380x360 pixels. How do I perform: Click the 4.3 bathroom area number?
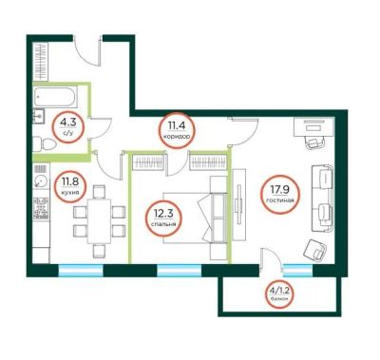pyautogui.click(x=68, y=122)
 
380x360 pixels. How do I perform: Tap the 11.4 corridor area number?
pyautogui.click(x=177, y=125)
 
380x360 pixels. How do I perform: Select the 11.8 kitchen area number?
pyautogui.click(x=69, y=182)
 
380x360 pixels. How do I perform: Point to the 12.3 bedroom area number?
pyautogui.click(x=163, y=214)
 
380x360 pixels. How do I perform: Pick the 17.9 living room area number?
pyautogui.click(x=280, y=190)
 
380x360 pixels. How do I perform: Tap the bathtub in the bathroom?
pyautogui.click(x=56, y=97)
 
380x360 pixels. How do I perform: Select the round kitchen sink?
pyautogui.click(x=41, y=181)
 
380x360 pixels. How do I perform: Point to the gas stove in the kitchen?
pyautogui.click(x=41, y=208)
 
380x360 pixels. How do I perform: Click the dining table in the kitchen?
pyautogui.click(x=99, y=221)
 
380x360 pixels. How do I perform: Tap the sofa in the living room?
pyautogui.click(x=322, y=199)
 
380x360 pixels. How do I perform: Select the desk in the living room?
pyautogui.click(x=314, y=126)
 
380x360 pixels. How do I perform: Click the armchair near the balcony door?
pyautogui.click(x=315, y=250)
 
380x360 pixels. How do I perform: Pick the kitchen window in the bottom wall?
pyautogui.click(x=81, y=271)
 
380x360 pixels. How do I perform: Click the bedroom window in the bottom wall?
pyautogui.click(x=180, y=271)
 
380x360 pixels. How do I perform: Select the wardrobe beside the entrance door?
pyautogui.click(x=41, y=62)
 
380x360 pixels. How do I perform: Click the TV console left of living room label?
pyautogui.click(x=239, y=204)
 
